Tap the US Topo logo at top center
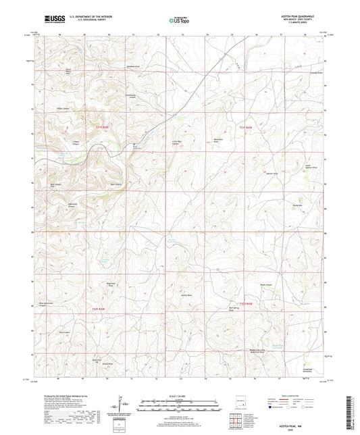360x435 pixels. (179, 20)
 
